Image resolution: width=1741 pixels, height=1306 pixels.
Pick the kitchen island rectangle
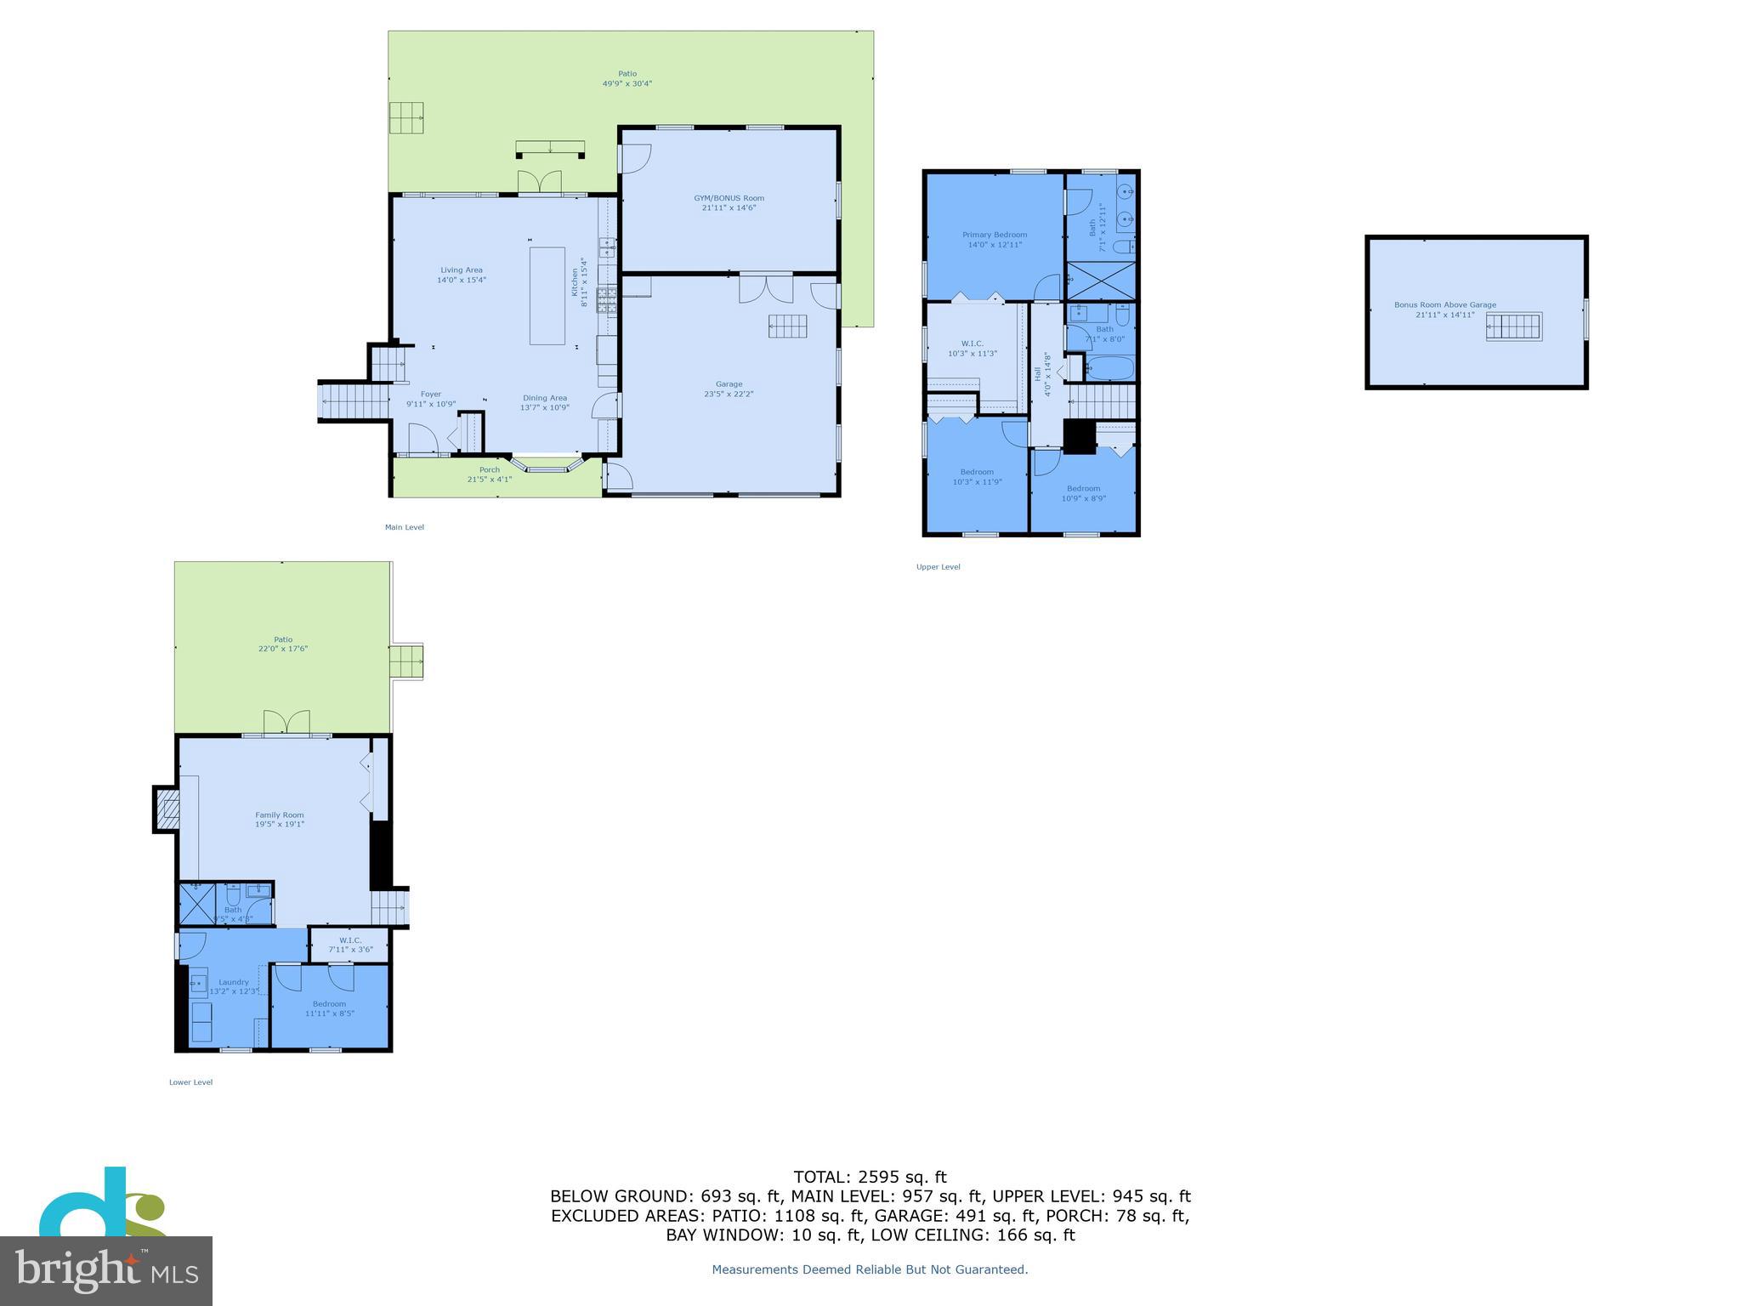[x=547, y=295]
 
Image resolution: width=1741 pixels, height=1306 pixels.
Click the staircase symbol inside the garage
[x=788, y=326]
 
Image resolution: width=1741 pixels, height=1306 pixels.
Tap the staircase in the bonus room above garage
[x=1513, y=326]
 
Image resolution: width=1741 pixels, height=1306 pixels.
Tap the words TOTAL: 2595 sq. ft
[x=870, y=1177]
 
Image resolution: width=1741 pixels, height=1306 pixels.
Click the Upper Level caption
[x=938, y=567]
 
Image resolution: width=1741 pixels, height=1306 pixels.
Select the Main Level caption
[x=404, y=527]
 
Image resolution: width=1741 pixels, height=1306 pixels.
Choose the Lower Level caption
[x=190, y=1082]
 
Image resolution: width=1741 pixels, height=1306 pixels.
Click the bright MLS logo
[x=106, y=1270]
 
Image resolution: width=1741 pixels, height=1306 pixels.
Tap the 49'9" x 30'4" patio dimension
[x=627, y=83]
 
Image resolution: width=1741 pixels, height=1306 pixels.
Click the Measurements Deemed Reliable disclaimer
[x=870, y=1269]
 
